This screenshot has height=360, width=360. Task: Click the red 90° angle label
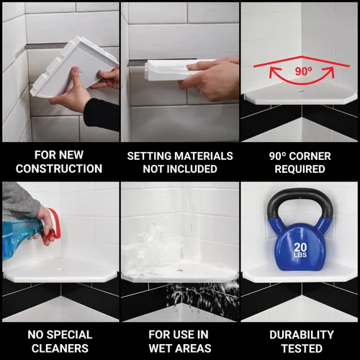304,71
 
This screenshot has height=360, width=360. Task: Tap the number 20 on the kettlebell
300,247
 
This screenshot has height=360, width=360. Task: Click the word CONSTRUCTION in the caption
59,168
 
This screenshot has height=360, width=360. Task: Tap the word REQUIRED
300,169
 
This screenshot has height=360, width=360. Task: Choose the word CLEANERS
60,348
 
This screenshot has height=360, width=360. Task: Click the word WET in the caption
160,348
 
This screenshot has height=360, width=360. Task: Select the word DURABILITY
302,335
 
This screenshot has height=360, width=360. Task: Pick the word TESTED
302,348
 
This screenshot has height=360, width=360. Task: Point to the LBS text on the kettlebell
300,255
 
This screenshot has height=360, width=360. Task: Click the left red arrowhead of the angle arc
273,71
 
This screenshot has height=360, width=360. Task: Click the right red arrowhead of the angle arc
330,71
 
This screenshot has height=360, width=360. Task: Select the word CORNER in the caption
310,156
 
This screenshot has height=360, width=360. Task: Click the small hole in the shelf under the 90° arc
300,91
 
